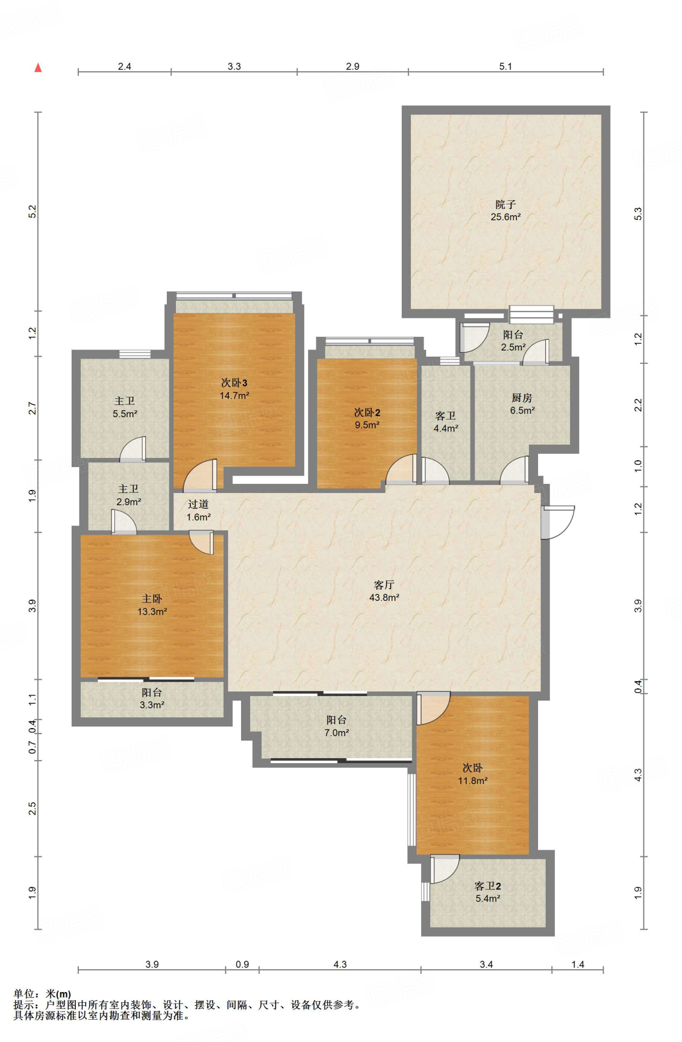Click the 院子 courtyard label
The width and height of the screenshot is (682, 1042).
tap(506, 205)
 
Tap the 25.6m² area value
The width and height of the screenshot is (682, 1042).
tap(506, 217)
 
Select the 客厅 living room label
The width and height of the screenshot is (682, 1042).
tap(384, 585)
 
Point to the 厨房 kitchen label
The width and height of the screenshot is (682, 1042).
tap(522, 398)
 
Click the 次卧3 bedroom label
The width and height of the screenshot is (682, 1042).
tap(234, 383)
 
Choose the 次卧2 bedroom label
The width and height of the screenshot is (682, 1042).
tap(367, 413)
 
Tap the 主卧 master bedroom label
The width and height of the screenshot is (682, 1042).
tap(152, 599)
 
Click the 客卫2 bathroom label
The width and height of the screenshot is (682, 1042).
tap(488, 886)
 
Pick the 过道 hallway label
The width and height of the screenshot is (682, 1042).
tap(198, 504)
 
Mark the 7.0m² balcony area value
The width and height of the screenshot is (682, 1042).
tap(337, 733)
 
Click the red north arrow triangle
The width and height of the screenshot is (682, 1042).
tap(38, 68)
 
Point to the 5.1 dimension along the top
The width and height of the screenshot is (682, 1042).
tap(506, 66)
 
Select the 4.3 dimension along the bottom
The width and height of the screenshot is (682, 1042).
tap(340, 964)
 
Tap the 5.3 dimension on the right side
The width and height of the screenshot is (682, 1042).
tap(638, 214)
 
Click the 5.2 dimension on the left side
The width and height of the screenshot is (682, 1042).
tap(33, 211)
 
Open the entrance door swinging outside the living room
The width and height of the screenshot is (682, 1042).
tap(558, 522)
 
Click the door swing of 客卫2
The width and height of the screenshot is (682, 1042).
tap(445, 869)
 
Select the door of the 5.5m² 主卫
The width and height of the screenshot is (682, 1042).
tap(133, 449)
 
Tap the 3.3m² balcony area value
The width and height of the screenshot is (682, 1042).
tap(152, 705)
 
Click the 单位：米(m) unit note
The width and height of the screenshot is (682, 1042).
tap(42, 994)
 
